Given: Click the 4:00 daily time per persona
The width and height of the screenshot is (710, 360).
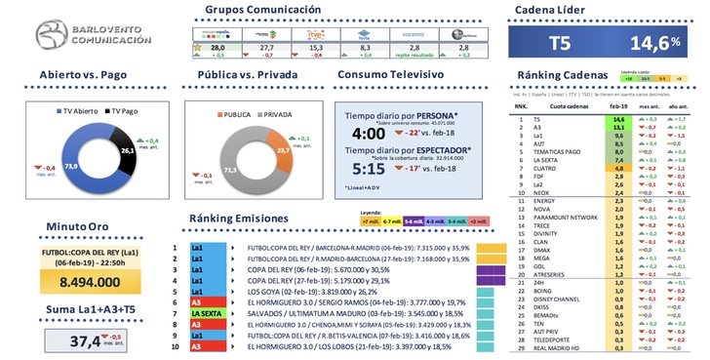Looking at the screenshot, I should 367,133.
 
